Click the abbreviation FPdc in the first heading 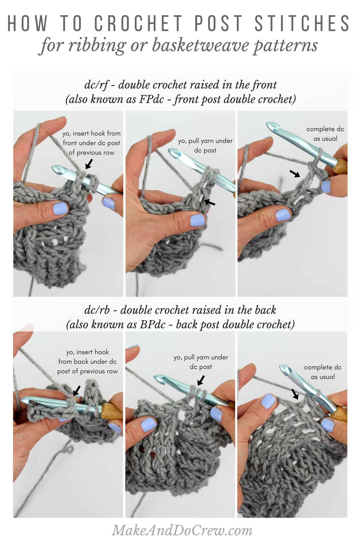point(154,99)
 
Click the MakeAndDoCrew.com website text point(182,530)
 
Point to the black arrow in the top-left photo point(89,164)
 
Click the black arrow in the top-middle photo point(210,202)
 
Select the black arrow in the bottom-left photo point(77,390)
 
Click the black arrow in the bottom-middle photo point(201,380)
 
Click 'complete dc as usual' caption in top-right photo point(325,134)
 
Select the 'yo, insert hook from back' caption point(87,362)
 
